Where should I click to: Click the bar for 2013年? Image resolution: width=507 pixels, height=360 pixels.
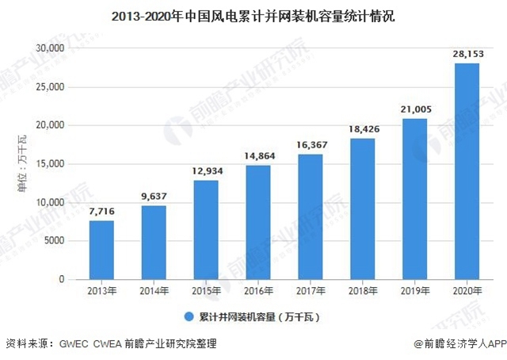pyautogui.click(x=102, y=250)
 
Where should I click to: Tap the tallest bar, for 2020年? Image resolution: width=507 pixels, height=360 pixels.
pyautogui.click(x=467, y=171)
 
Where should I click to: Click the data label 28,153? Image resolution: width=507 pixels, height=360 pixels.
pyautogui.click(x=467, y=54)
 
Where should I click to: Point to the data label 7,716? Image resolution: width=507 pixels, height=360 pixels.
pyautogui.click(x=102, y=211)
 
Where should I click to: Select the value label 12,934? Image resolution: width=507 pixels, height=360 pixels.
pyautogui.click(x=207, y=171)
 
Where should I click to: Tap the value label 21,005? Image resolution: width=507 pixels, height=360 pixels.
pyautogui.click(x=415, y=109)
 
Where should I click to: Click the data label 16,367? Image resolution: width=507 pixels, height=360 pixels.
pyautogui.click(x=311, y=145)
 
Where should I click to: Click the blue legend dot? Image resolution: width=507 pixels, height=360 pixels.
pyautogui.click(x=189, y=316)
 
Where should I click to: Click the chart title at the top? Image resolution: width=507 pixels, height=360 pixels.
pyautogui.click(x=253, y=13)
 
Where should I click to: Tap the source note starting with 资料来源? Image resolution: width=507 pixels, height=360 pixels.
pyautogui.click(x=111, y=345)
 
